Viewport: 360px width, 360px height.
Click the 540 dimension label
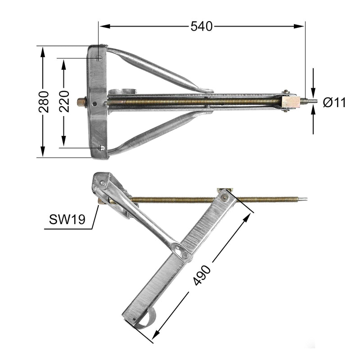coord(201,27)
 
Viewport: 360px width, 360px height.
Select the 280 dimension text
coord(43,102)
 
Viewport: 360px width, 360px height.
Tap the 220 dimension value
coord(64,102)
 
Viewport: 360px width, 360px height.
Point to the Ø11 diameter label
coord(334,103)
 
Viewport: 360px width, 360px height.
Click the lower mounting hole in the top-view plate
coord(102,148)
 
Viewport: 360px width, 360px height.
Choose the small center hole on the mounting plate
coord(94,103)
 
